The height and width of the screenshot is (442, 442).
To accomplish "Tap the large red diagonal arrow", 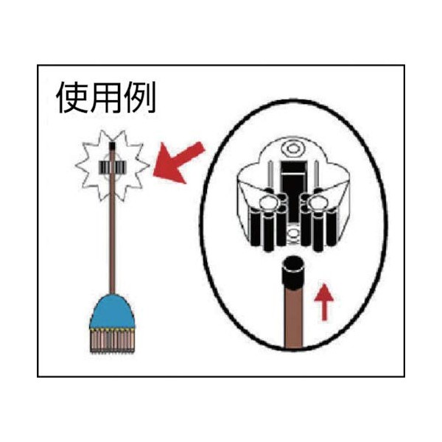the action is [x=178, y=163].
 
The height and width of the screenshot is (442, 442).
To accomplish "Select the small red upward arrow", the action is [x=324, y=301].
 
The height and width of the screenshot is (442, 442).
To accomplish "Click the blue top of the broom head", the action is [x=112, y=311].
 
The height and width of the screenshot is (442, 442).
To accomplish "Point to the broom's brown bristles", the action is [x=112, y=341].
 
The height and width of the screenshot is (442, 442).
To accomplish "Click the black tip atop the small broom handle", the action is [x=112, y=147].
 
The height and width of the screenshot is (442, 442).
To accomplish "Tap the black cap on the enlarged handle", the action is [x=293, y=273].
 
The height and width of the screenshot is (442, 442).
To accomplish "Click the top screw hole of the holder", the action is [x=293, y=148].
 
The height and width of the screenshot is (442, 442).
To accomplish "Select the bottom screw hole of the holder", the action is [x=294, y=233].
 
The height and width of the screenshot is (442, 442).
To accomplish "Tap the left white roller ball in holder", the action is [x=267, y=203].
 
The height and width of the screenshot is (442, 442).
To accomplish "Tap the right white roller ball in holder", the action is [x=318, y=203].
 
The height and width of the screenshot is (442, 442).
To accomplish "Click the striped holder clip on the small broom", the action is [x=112, y=167].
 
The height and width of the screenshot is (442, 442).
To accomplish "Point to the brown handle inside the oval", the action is [x=293, y=318].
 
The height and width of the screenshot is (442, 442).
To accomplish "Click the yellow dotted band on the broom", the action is [x=112, y=329].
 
